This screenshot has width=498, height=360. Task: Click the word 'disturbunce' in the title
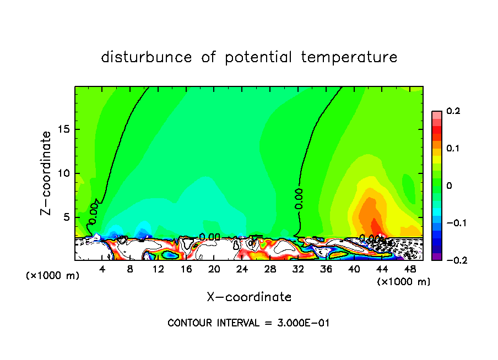coord(147,57)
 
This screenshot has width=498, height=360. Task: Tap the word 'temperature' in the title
coord(350,57)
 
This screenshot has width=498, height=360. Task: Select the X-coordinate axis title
coord(249,297)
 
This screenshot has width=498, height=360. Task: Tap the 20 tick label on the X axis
coord(214,269)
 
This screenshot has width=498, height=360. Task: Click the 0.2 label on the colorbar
coord(453,111)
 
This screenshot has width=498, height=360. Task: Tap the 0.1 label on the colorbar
coord(453,149)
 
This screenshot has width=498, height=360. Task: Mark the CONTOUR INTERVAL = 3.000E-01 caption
coord(248,323)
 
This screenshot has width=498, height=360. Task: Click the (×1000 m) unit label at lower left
coord(53,276)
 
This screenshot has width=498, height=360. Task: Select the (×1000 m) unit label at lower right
coord(404,282)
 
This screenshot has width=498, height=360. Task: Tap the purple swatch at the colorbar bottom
coord(437,257)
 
